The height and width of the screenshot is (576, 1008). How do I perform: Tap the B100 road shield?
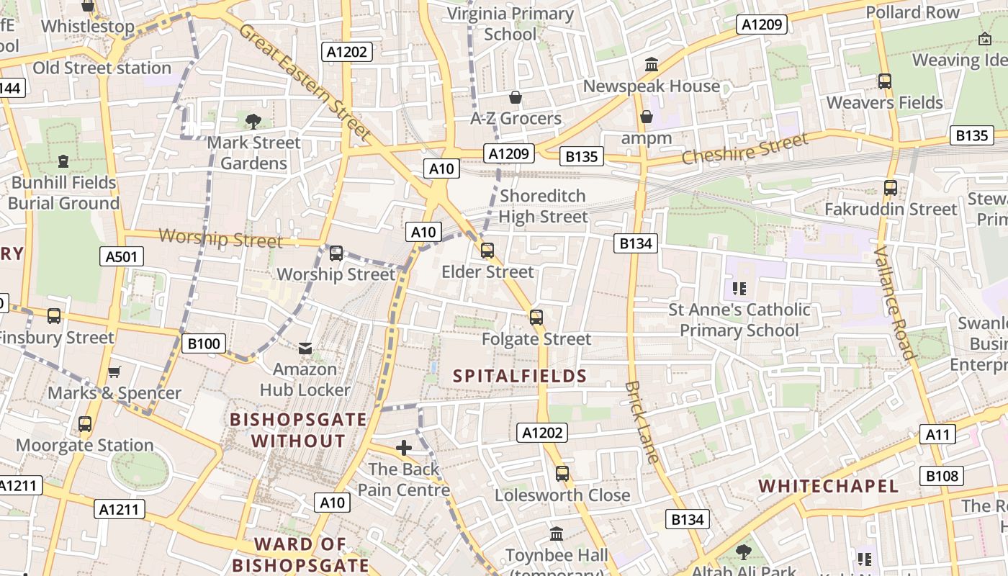203,343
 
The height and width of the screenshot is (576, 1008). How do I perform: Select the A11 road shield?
937,434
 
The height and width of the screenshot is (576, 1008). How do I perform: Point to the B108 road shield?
942,475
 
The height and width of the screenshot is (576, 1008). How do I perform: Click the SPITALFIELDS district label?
520,376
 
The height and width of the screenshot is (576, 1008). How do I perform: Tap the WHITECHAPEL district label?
829,486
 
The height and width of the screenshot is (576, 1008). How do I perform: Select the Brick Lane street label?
642,421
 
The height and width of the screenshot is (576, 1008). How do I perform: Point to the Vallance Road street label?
894,302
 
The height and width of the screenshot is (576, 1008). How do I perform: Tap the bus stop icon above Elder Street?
487,251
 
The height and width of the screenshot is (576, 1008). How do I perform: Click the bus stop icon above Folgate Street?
536,318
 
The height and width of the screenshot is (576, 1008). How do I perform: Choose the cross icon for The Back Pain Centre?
404,448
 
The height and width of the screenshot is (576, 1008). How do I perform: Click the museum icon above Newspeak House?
652,65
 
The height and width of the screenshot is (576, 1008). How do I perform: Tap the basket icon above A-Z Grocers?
516,97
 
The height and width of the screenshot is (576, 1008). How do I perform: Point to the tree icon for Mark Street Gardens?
253,121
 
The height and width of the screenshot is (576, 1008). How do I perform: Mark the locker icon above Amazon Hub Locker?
305,348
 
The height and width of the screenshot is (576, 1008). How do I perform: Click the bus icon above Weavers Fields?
885,81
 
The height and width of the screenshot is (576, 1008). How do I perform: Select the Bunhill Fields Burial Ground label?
64,193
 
